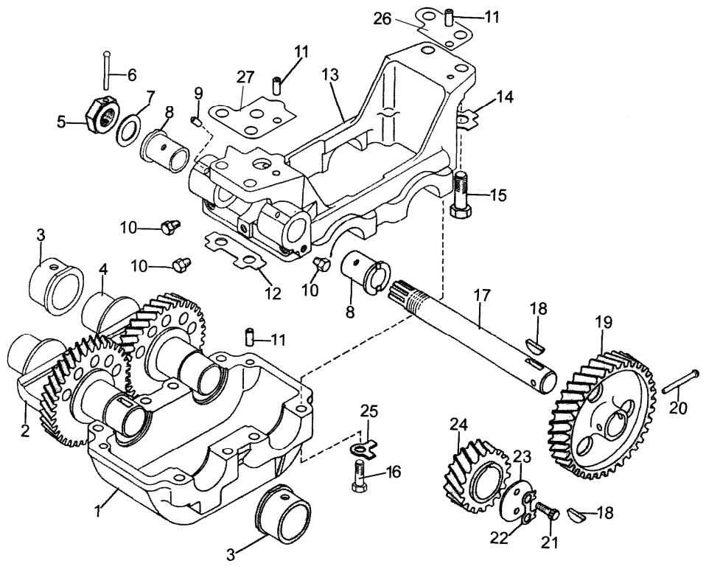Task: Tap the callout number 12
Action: tap(273, 293)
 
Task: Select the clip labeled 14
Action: tap(464, 114)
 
